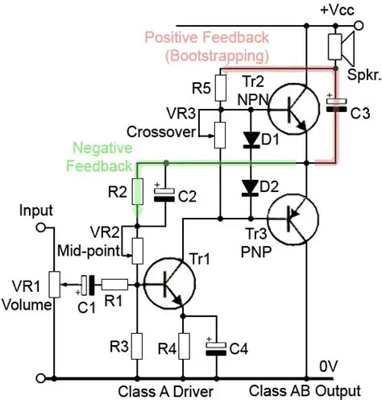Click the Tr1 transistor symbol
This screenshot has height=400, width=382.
pos(168,284)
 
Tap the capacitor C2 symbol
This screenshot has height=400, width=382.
pos(166,193)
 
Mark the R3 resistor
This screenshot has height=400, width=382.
pos(137,346)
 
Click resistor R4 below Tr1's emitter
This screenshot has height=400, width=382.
pos(185,346)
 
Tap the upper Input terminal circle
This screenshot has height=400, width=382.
pos(39,228)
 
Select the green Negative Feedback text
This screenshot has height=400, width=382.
pos(102,156)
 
